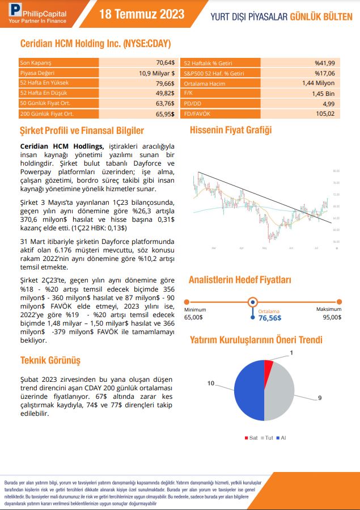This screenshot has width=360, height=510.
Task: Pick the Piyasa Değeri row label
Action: (x=36, y=73)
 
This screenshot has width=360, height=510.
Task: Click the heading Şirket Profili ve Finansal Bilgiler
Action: (x=82, y=131)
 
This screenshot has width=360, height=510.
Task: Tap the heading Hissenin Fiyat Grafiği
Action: (x=231, y=130)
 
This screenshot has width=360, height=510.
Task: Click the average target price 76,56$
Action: (x=270, y=318)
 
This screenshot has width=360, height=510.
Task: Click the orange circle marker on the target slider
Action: (x=253, y=302)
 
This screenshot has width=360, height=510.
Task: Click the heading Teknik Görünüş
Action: (x=50, y=360)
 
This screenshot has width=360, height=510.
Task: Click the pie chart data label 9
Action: (x=319, y=399)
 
